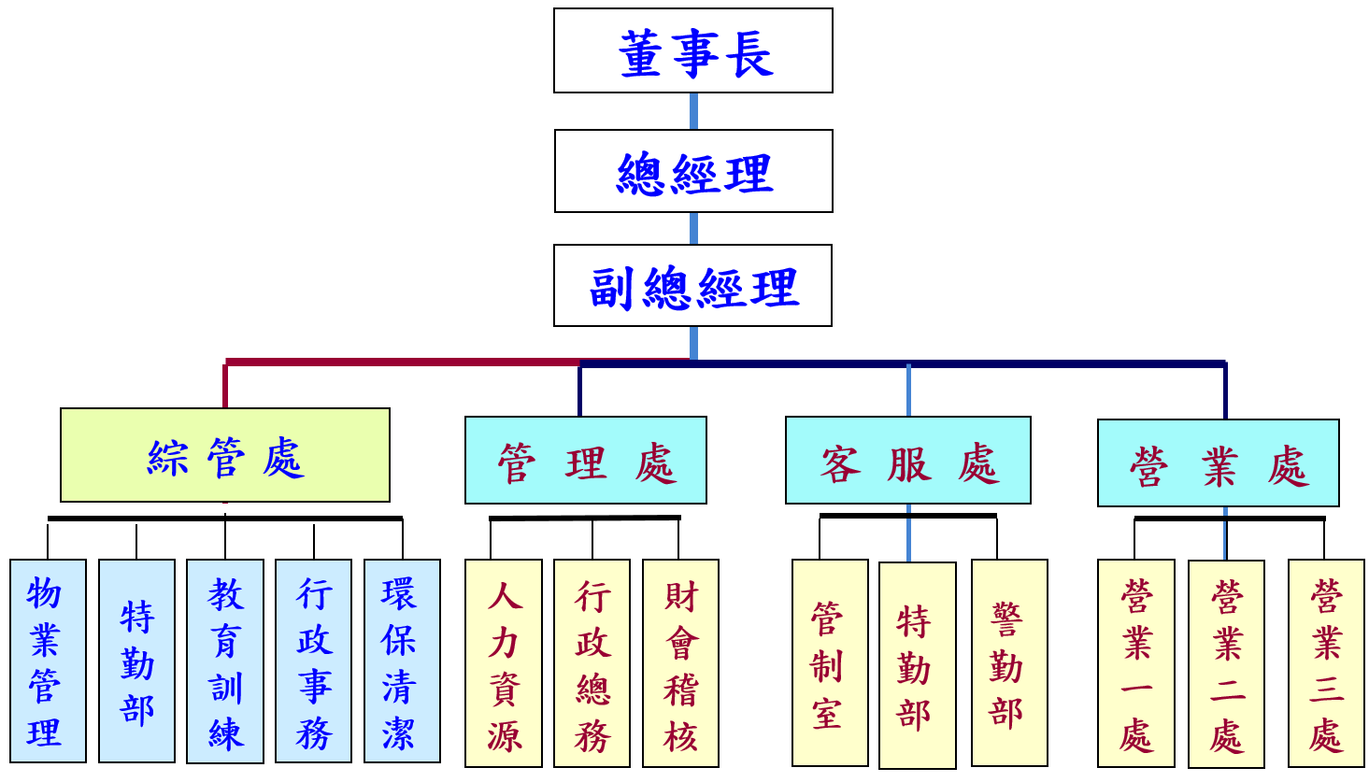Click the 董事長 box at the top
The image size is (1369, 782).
692,50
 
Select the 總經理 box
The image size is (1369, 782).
692,171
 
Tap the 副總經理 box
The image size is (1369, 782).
692,286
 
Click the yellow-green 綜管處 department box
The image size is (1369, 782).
225,455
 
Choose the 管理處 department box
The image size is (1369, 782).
586,461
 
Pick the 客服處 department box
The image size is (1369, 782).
908,461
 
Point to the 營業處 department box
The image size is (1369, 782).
1219,463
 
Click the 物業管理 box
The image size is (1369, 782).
48,661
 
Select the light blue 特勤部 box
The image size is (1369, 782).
136,661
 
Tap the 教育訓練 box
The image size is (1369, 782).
225,661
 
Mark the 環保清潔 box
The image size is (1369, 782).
402,661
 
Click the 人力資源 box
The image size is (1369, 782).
504,663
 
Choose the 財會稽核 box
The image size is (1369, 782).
680,663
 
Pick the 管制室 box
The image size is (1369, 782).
830,663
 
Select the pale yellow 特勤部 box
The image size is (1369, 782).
918,665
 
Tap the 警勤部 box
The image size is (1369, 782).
1009,663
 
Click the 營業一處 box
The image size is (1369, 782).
1136,663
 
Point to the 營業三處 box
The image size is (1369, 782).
1326,663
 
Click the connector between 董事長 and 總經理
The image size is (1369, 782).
693,111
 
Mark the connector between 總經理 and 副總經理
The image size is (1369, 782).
693,228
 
